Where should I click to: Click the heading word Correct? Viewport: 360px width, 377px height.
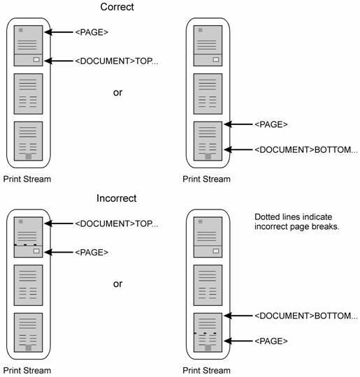(x=117, y=7)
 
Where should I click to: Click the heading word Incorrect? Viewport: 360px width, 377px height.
(x=117, y=198)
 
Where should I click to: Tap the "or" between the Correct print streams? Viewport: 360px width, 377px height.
(x=117, y=93)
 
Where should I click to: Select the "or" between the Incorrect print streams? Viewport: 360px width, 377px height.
(x=117, y=284)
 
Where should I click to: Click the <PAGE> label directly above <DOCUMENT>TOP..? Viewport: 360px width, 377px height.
(x=92, y=32)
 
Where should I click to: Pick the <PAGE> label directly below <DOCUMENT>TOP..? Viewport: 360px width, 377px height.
(x=92, y=253)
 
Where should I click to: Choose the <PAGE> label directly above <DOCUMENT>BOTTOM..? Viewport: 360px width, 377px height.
(x=271, y=124)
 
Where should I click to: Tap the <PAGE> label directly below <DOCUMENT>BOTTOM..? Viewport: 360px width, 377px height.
(x=271, y=341)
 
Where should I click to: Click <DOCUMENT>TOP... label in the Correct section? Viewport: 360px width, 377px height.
(x=117, y=61)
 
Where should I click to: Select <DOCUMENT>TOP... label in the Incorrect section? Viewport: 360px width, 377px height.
(x=117, y=223)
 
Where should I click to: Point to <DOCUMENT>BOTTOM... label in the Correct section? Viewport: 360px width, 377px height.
(x=306, y=150)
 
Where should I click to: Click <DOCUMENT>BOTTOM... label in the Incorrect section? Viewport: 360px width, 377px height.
(x=306, y=316)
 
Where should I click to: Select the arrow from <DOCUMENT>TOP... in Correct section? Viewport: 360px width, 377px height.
(x=59, y=61)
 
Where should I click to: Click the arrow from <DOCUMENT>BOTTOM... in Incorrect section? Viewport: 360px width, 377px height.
(x=238, y=316)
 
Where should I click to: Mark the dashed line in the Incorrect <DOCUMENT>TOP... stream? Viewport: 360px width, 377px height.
(x=26, y=245)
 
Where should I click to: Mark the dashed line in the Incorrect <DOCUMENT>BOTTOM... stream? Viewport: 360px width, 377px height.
(x=205, y=334)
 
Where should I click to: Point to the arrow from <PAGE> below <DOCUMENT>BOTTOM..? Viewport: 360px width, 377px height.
(x=238, y=341)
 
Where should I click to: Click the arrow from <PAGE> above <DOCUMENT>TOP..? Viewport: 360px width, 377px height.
(x=59, y=32)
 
